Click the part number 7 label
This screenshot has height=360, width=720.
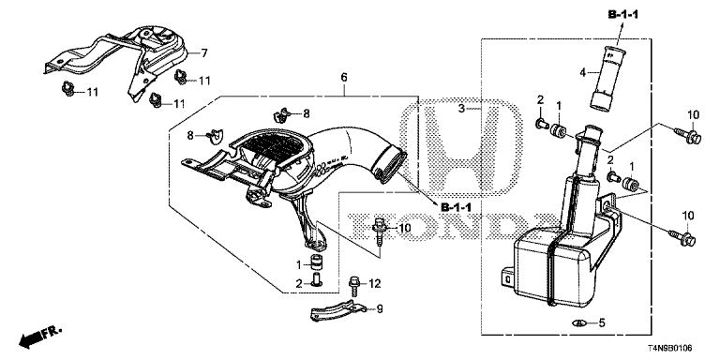[204, 53]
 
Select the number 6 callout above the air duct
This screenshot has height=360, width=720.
[343, 78]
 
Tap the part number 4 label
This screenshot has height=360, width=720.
[583, 72]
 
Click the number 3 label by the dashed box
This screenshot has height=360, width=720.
[462, 109]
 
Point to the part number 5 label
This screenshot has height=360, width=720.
[602, 322]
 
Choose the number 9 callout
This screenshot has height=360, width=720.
[380, 309]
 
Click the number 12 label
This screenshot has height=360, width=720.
[375, 284]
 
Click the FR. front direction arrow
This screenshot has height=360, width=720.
[40, 337]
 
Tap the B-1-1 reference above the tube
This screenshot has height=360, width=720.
[623, 15]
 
